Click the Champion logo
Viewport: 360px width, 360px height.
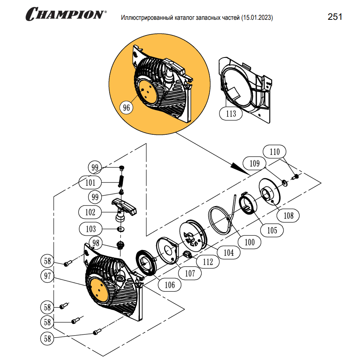click(x=66, y=14)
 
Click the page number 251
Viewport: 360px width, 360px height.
click(x=335, y=17)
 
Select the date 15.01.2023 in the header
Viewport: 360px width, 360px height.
click(x=257, y=18)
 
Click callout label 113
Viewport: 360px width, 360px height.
click(x=231, y=113)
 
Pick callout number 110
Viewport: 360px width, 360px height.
click(x=275, y=152)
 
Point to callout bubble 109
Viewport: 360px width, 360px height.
click(x=254, y=163)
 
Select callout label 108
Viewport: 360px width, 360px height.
click(x=289, y=215)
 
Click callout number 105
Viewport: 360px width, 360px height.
click(x=272, y=230)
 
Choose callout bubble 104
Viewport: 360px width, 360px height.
click(x=229, y=253)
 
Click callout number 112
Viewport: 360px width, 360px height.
click(x=208, y=262)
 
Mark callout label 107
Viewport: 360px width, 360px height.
click(x=190, y=273)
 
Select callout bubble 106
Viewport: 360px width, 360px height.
click(x=170, y=285)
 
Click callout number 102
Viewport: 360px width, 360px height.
click(x=90, y=212)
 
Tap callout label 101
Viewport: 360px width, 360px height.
click(x=90, y=182)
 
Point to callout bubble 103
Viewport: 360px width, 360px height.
click(x=90, y=228)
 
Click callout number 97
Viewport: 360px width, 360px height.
click(x=47, y=276)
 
